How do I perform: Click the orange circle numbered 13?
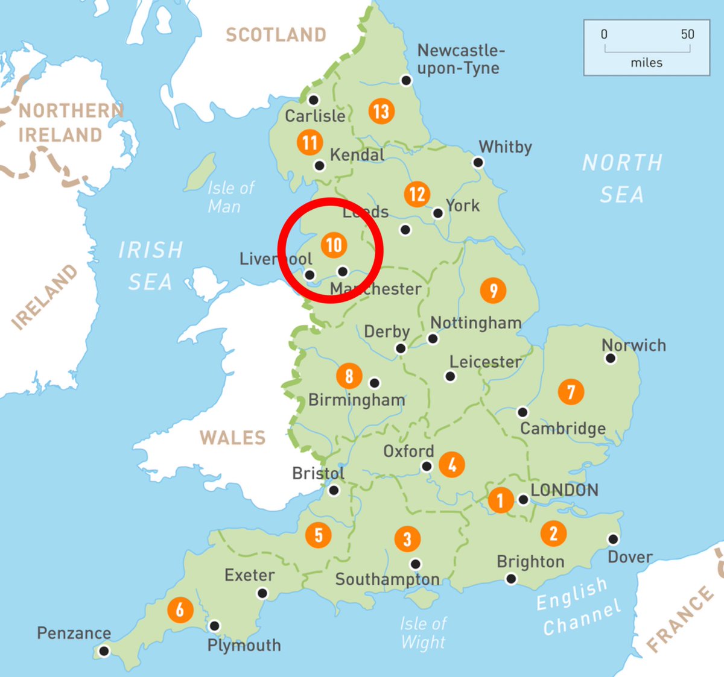381,111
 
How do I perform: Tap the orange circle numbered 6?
180,609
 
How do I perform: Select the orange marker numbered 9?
494,290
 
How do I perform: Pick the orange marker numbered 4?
452,464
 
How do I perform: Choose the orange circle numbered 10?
334,245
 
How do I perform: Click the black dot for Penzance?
104,651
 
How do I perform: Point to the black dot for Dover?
613,539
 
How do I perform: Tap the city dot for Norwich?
611,359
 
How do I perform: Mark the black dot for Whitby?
478,162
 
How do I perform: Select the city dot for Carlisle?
313,100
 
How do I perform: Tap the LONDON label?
565,490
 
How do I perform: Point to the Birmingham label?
357,400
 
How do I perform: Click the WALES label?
233,438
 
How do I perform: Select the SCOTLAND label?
276,35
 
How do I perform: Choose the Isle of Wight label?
423,633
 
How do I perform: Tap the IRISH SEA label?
150,266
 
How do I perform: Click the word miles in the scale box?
647,63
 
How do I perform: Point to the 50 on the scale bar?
688,34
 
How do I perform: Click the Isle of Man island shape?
200,172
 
